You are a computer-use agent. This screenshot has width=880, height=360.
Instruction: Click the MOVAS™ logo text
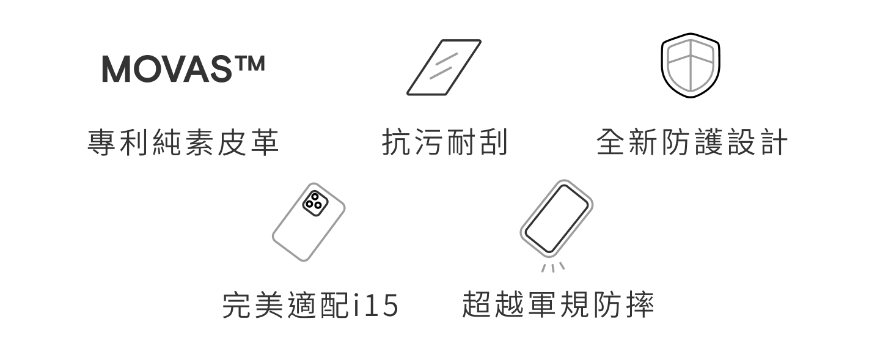coord(183,70)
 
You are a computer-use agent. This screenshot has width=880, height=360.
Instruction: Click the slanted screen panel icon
coord(444,67)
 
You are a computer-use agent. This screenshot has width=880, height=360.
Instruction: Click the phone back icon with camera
coord(308,222)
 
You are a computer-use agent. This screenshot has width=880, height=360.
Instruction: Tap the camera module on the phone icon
coord(315,203)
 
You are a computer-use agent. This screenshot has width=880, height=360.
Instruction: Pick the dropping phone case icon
coord(557,218)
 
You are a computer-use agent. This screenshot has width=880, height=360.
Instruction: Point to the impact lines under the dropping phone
coord(552,267)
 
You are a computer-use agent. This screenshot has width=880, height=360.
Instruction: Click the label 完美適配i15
coord(309,305)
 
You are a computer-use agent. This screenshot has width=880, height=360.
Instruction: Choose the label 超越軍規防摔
coord(558,305)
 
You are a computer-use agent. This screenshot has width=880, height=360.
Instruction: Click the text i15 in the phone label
coord(376,306)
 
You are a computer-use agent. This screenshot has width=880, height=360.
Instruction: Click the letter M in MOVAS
coord(116,70)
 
